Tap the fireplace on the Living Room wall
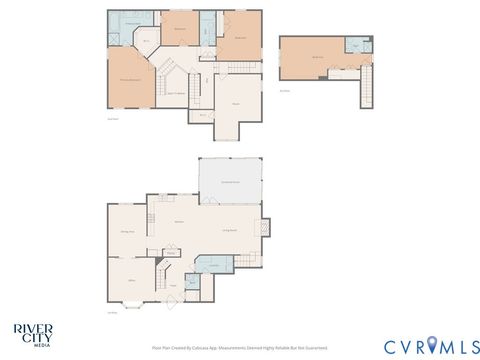(x=264, y=227)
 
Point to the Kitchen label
(x=179, y=220)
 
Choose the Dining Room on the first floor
(x=127, y=231)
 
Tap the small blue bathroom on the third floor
(x=355, y=46)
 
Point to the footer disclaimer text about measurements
(x=239, y=348)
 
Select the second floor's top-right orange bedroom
(x=239, y=40)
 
